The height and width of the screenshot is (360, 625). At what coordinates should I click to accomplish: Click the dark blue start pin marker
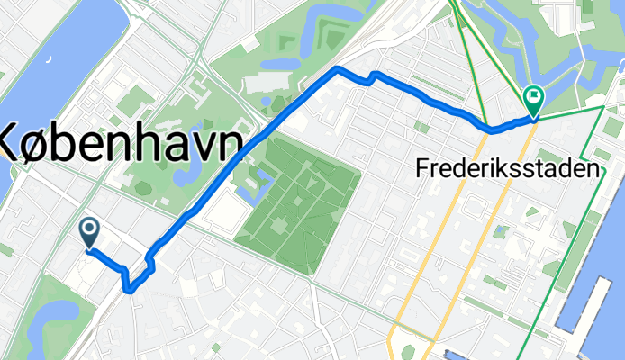tap(90, 232)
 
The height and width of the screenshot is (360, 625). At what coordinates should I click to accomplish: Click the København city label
tap(122, 143)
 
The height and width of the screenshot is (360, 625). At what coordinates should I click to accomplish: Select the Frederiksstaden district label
tap(509, 167)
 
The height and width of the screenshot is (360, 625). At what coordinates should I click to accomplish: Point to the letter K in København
tap(13, 143)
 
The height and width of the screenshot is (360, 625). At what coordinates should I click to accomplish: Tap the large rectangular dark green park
tap(297, 193)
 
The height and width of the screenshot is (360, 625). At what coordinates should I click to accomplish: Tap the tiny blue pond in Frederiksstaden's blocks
tap(501, 233)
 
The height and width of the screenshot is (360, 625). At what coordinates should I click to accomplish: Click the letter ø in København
tap(43, 143)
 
